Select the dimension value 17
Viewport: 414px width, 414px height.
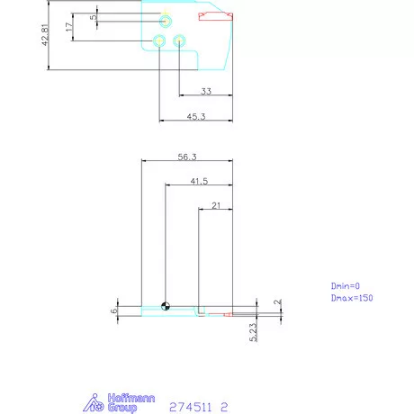(x=70, y=28)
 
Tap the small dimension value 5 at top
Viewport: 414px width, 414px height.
(x=93, y=17)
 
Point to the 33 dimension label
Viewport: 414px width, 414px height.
(x=205, y=91)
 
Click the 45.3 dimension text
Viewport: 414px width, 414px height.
(x=194, y=115)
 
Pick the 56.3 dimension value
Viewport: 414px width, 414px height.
(x=187, y=157)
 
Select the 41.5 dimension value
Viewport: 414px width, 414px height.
(x=199, y=181)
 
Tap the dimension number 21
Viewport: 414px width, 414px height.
(x=216, y=205)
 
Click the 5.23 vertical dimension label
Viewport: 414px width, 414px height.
(x=255, y=330)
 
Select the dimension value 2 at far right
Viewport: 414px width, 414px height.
(x=278, y=303)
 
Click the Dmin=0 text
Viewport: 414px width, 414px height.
(x=345, y=285)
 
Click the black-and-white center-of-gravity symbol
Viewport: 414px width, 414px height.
(x=166, y=304)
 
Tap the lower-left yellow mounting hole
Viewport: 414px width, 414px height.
(x=159, y=40)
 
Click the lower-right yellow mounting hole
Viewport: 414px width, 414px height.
(x=179, y=40)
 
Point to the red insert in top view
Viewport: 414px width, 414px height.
(x=216, y=14)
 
